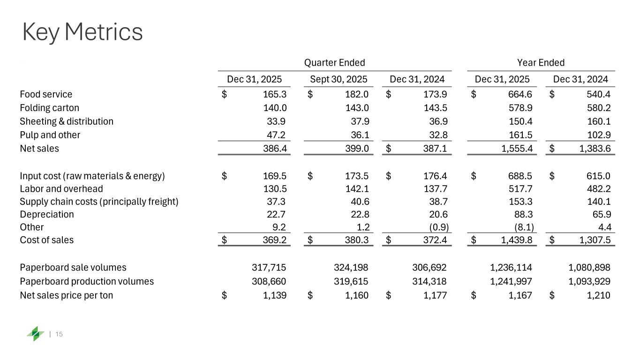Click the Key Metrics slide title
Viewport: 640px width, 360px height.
coord(83,32)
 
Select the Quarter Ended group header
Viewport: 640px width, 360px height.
coord(334,63)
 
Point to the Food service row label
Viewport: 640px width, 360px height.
coord(46,95)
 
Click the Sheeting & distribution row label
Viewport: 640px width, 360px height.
coord(67,121)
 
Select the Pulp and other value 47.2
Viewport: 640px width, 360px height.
coord(277,135)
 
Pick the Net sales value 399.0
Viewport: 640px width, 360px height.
coord(358,149)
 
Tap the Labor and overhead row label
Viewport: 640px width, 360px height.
coord(61,189)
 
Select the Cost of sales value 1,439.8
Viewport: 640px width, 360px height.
coord(516,240)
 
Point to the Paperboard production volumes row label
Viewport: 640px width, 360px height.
coord(87,281)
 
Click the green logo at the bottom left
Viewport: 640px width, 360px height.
coord(35,334)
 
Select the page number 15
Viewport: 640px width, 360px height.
coord(60,334)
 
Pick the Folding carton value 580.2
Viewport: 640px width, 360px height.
coord(598,108)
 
